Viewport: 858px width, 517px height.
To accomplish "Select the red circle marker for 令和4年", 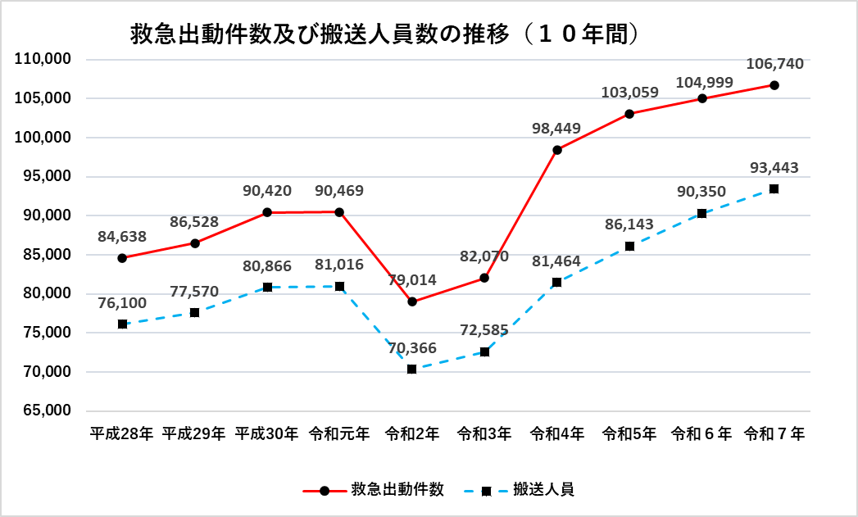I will point(557,150).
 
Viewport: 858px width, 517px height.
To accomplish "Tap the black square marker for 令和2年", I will point(412,369).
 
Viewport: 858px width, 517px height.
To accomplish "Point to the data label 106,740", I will point(774,64).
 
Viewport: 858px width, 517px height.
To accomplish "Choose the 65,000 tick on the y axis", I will point(43,410).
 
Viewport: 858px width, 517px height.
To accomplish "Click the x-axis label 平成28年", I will point(122,434).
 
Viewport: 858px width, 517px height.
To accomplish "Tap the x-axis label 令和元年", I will point(339,434).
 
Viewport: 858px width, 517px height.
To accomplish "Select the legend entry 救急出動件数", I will point(397,490).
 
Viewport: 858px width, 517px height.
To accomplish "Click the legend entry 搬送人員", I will point(542,490).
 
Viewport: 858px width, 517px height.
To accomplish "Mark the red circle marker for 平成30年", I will point(267,212).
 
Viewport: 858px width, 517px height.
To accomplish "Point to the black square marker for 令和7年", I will point(774,189).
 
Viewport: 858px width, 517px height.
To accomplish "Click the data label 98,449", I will point(556,129).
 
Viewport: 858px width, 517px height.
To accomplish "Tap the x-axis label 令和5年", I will point(629,434).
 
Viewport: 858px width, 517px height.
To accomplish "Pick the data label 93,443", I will point(774,168).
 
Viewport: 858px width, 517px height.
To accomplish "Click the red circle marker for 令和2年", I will point(412,302).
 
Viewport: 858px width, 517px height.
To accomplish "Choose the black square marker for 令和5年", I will point(629,246).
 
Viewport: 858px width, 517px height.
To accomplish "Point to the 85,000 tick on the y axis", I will point(43,255).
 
